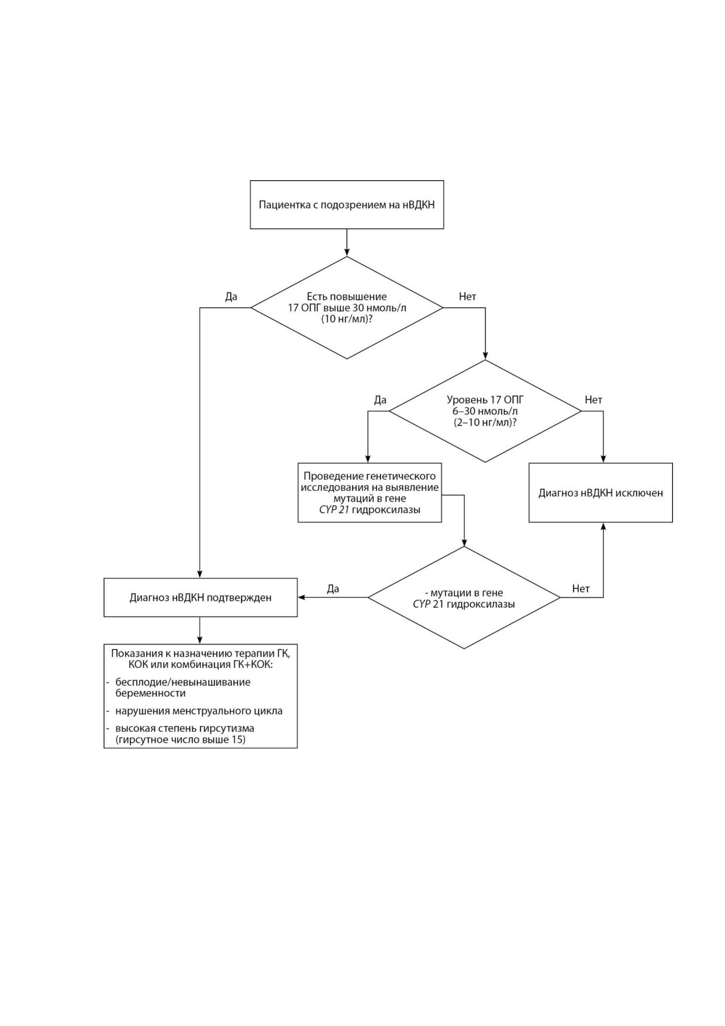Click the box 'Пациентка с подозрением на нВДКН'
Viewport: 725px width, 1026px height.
tap(347, 205)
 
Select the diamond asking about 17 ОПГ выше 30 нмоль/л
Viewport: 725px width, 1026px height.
tap(347, 308)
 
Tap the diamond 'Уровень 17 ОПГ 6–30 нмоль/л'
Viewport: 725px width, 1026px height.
tap(485, 411)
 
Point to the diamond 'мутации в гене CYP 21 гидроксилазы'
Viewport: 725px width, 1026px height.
tap(464, 597)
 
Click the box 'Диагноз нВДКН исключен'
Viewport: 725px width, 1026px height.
tap(600, 493)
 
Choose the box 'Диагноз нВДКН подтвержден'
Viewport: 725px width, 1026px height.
tap(201, 597)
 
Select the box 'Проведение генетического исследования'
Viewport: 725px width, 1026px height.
tap(370, 493)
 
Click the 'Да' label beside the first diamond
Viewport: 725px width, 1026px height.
tap(232, 297)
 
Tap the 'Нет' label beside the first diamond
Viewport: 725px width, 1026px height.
tap(468, 297)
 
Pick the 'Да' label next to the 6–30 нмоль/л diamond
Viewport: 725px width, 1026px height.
tap(380, 400)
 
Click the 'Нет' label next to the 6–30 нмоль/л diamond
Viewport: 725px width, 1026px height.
tap(593, 400)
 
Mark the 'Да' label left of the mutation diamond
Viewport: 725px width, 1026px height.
tap(333, 589)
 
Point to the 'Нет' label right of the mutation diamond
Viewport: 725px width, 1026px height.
tap(581, 589)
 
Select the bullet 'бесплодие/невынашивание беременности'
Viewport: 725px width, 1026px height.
tap(178, 687)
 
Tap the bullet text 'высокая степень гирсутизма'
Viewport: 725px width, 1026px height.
tap(185, 729)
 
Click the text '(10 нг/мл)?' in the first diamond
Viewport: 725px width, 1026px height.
tap(347, 319)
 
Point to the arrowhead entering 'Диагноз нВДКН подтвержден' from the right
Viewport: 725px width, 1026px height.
tap(302, 597)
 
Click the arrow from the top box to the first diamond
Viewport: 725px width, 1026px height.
tap(347, 242)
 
